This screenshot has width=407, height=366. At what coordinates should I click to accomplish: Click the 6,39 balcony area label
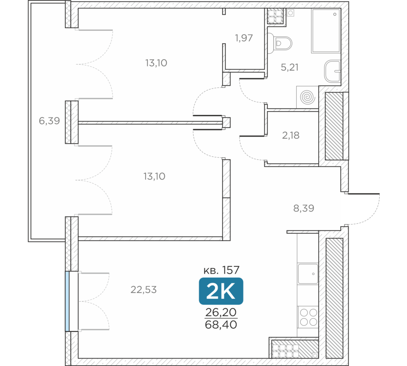pos(49,121)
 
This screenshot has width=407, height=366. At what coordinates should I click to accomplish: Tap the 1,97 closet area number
pos(244,38)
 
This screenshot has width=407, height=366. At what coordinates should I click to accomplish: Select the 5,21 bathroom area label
pos(290,68)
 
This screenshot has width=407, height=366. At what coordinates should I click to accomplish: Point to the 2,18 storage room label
pos(291,135)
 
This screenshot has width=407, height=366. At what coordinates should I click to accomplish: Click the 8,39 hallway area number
pos(304,208)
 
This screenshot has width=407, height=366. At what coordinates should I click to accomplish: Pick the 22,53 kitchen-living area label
pos(144,290)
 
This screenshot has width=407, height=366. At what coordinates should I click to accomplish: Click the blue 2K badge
pos(221,291)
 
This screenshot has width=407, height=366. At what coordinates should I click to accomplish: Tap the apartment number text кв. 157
pos(221,270)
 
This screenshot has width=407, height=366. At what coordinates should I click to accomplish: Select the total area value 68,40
pos(221,325)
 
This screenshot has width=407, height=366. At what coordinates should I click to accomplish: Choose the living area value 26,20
pos(221,312)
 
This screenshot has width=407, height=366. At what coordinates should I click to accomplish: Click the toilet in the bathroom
pos(280,43)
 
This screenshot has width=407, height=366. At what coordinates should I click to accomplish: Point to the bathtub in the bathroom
pos(326,31)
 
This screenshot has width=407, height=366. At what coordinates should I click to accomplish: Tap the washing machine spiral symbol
pos(307,97)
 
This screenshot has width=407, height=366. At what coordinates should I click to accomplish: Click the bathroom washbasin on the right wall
pos(333,71)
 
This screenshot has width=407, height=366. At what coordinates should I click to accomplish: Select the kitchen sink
pos(308,274)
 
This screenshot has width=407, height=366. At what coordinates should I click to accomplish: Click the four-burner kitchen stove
pos(308,317)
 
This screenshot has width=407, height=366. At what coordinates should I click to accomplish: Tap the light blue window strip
pos(67,301)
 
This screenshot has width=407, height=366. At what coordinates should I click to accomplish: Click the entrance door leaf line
pos(363,194)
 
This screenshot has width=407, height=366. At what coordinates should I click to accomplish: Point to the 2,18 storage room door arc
pos(248,150)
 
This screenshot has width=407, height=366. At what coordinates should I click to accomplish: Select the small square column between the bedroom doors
pos(227,122)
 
